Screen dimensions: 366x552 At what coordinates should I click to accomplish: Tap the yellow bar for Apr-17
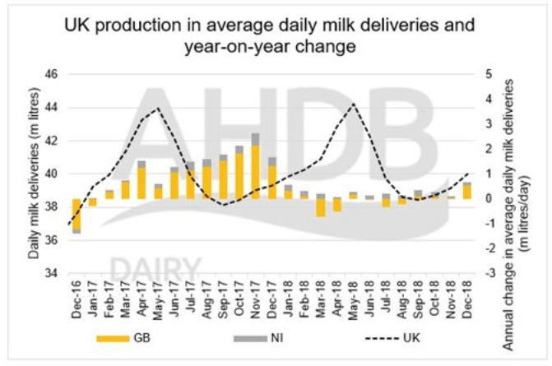pyautogui.click(x=141, y=183)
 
